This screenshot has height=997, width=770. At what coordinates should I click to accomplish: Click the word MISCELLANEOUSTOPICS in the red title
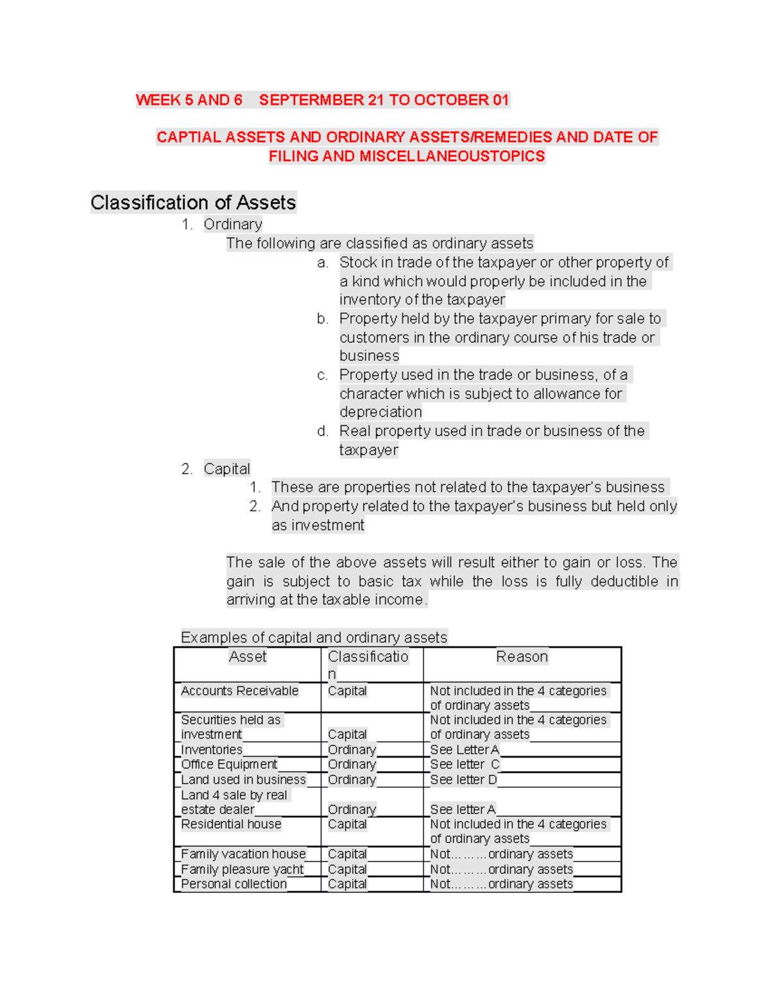[452, 156]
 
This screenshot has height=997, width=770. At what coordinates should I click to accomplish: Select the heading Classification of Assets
[193, 203]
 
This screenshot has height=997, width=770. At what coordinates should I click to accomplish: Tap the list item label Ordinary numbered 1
[233, 224]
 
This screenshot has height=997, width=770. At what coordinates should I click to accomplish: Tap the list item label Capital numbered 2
[227, 469]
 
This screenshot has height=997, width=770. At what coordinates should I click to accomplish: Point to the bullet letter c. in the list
[322, 375]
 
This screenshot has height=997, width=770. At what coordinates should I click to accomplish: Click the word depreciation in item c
[381, 412]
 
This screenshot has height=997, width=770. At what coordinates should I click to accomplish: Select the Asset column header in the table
[248, 657]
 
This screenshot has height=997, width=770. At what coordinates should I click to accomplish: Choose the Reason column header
[522, 657]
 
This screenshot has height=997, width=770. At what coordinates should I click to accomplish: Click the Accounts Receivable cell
[239, 691]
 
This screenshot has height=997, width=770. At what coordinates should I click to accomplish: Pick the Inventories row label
[212, 750]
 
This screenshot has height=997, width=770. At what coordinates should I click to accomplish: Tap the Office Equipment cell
[229, 765]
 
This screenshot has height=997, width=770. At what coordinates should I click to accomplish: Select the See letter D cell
[463, 779]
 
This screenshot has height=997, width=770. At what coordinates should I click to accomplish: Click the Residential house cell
[231, 824]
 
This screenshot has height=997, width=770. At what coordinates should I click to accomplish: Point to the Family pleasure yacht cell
[242, 869]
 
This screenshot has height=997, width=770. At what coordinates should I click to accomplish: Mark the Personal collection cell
[234, 884]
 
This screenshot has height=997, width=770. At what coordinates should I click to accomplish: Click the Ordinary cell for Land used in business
[352, 779]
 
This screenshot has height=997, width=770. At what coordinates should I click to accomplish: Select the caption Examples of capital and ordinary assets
[314, 637]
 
